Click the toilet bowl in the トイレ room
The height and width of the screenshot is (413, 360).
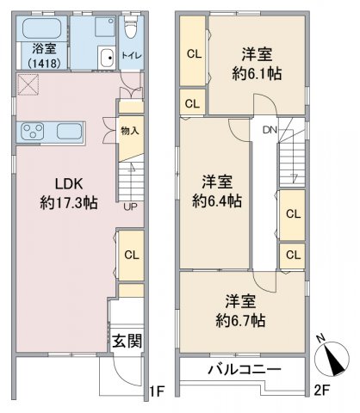click(x=131, y=28)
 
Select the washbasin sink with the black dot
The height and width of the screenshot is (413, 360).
click(x=108, y=58)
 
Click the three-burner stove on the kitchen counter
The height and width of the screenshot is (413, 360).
click(x=33, y=132)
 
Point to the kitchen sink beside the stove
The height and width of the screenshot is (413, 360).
click(x=69, y=132)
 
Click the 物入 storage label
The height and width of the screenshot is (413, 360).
click(x=130, y=131)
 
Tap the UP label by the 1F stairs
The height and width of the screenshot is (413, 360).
click(x=130, y=206)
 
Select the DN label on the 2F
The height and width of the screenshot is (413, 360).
click(x=270, y=130)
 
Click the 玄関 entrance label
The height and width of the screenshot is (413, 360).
click(x=127, y=342)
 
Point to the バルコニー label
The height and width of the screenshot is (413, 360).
click(x=245, y=369)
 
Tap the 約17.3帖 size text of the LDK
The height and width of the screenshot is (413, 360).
click(x=69, y=203)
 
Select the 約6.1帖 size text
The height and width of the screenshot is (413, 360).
click(x=257, y=74)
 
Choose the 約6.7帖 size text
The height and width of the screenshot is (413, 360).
click(x=240, y=320)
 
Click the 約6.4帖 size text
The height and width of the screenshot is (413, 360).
click(x=217, y=200)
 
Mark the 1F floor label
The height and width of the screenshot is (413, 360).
click(x=157, y=391)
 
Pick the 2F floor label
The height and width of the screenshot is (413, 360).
click(x=321, y=391)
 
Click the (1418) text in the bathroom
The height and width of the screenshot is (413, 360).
click(x=45, y=63)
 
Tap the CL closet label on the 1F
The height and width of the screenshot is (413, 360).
click(x=132, y=255)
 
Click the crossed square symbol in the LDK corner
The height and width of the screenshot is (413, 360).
click(x=28, y=84)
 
